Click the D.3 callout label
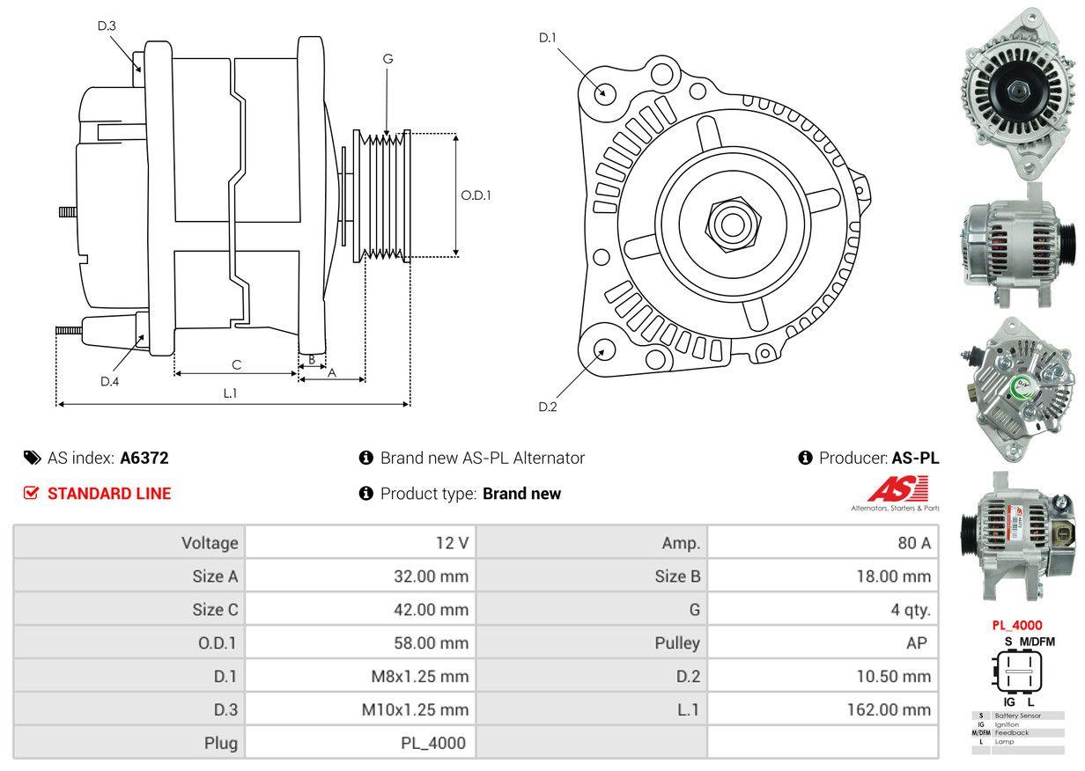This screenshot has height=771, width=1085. point(107,26)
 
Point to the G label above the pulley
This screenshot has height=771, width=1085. point(387,59)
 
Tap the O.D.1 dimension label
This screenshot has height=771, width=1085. point(476,195)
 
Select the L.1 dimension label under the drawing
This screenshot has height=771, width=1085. point(230,393)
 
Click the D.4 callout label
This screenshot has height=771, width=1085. point(109,381)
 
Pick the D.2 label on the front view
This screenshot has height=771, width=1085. point(548,407)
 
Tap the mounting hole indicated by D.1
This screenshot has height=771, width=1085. point(604,92)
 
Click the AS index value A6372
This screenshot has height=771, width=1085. point(144,458)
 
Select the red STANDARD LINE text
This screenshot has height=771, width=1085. point(109,494)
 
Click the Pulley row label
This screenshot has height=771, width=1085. point(677,643)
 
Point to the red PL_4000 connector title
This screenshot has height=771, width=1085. point(1017,626)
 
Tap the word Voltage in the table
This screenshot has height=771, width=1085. point(210,543)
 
